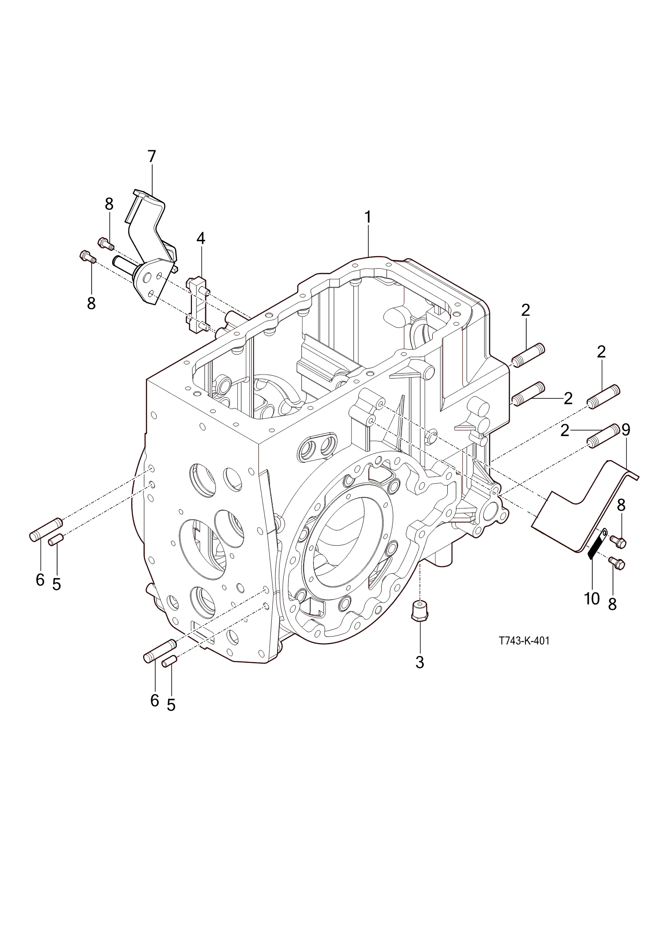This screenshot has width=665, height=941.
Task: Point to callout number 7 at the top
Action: [152, 156]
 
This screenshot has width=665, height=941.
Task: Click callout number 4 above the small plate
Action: [201, 238]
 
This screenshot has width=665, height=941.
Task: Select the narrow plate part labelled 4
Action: [197, 305]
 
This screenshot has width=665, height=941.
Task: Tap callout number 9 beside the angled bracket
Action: [626, 429]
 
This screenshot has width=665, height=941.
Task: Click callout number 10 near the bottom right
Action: [592, 598]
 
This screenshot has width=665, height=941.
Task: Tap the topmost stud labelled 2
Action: [528, 354]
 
